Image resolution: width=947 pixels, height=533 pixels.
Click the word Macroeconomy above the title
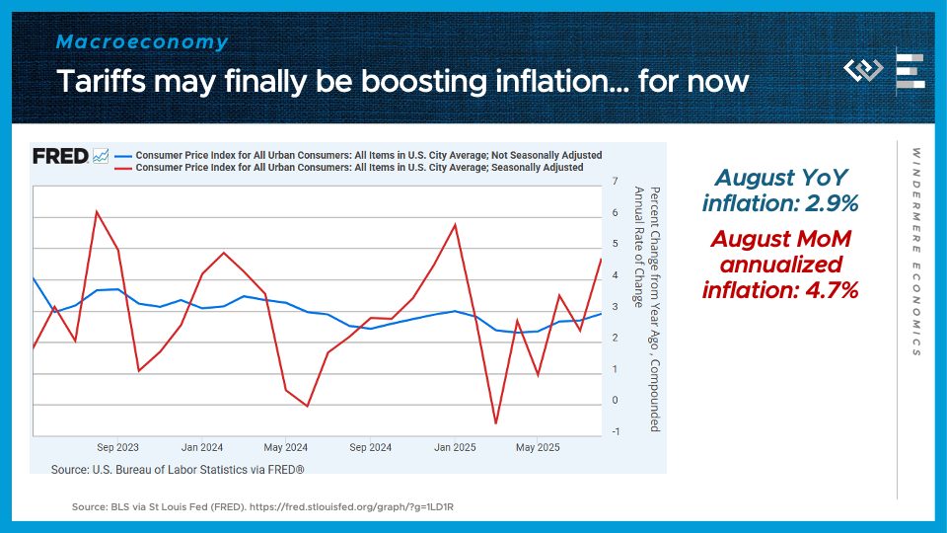coord(142,42)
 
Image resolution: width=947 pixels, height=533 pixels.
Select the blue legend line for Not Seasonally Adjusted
coord(122,156)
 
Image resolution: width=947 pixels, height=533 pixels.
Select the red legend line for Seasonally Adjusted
coord(122,168)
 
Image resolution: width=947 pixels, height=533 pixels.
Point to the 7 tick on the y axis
coord(615,182)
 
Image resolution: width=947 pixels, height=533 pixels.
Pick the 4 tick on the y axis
coord(615,275)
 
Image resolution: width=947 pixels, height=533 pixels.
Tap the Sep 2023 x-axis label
coord(117,447)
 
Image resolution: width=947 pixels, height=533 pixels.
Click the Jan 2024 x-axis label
coord(202,447)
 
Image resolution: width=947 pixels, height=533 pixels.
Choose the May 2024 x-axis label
coord(285,447)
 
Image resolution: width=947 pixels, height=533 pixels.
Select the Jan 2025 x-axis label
coord(455,447)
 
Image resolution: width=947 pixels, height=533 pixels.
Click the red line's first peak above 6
coord(97,211)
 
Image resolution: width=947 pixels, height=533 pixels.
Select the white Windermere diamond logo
coord(864,71)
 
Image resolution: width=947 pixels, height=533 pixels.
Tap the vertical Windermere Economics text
coord(915,252)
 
